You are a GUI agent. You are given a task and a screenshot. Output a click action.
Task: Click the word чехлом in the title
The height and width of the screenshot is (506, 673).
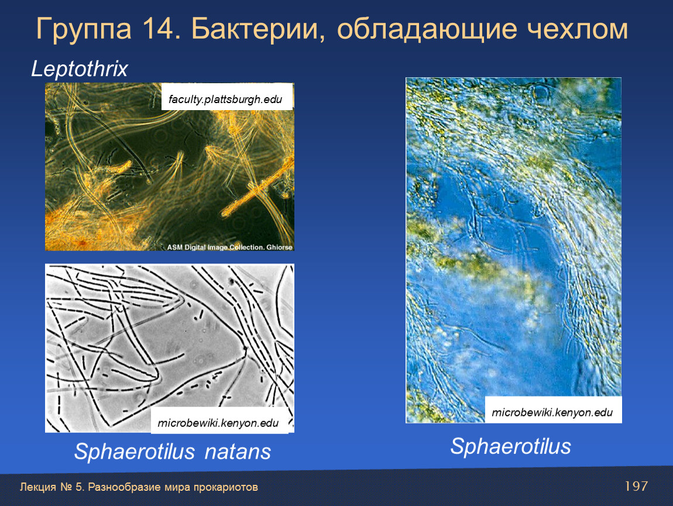tap(577, 29)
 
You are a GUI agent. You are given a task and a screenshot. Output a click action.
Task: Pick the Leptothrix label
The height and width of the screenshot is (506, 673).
tap(80, 69)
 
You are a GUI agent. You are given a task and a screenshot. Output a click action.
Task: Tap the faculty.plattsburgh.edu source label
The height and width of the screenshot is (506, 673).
tap(225, 99)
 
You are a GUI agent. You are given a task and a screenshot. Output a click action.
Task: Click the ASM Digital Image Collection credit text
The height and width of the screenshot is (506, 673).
tap(229, 247)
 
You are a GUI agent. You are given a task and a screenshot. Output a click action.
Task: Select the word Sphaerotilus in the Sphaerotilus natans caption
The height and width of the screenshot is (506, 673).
tap(135, 452)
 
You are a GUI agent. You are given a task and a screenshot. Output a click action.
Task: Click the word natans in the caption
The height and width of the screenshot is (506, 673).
tap(238, 452)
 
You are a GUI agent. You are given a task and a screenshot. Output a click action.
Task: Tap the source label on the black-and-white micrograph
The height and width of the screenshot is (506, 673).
tap(218, 423)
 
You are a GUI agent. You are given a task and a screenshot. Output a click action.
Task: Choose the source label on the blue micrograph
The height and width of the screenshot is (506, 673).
tap(552, 412)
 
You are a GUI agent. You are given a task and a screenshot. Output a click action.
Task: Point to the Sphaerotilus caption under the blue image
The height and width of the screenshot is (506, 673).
tap(511, 447)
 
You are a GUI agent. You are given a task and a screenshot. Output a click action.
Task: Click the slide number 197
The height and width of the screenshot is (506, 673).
tap(636, 486)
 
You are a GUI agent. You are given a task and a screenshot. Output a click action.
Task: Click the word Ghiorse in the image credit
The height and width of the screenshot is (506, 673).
tap(279, 247)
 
